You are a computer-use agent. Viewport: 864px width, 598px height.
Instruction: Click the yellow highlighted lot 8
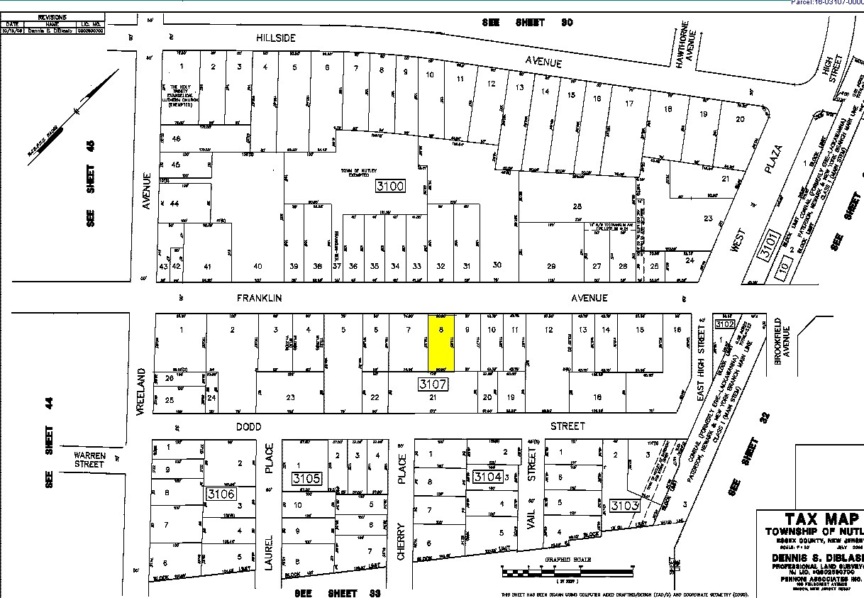coord(441,343)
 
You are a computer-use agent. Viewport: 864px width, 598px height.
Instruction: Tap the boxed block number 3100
coord(390,187)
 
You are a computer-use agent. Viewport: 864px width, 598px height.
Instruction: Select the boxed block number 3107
coord(432,384)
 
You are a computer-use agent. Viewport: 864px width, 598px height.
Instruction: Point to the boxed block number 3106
coord(220,493)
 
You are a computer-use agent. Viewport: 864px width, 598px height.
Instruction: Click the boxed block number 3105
coord(306,479)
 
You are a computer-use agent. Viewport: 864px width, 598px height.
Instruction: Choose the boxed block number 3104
coord(488,476)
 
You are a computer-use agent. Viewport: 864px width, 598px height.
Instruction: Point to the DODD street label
coord(248,426)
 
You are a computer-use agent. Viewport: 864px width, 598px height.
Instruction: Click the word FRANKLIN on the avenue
coord(259,299)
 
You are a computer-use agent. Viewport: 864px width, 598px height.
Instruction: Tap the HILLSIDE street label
coord(275,38)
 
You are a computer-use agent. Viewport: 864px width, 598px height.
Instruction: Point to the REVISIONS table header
coord(54,16)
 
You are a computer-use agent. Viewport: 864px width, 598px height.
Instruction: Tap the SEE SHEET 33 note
coord(338,592)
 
